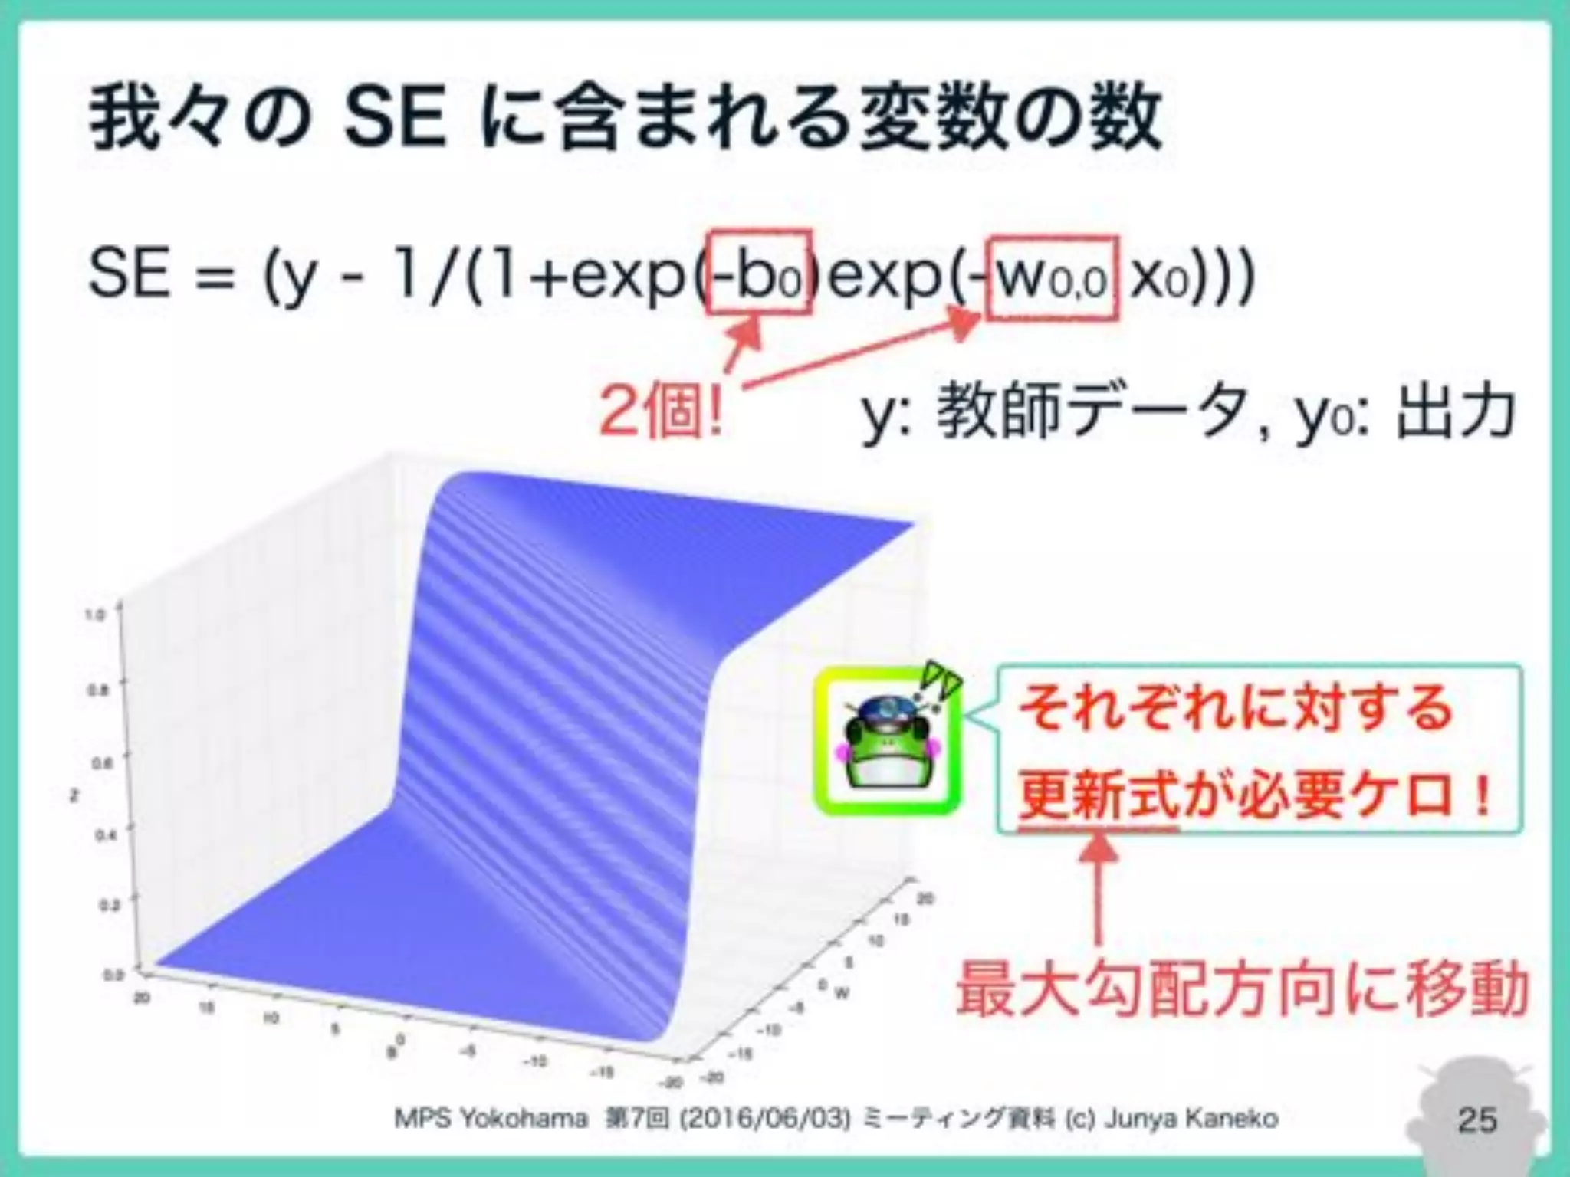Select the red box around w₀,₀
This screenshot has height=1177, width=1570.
[1052, 277]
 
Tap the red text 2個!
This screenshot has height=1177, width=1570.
[661, 412]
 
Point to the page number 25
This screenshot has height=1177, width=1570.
[1477, 1120]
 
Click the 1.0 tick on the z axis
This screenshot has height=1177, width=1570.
[96, 615]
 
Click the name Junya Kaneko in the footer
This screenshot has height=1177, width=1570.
[1191, 1119]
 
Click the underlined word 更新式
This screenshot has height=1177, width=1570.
[1098, 796]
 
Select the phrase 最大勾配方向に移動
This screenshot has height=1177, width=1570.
[1242, 989]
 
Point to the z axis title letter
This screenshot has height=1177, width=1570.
[74, 796]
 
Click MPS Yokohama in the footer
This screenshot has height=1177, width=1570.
[491, 1119]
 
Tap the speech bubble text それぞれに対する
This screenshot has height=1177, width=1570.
[1236, 707]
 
